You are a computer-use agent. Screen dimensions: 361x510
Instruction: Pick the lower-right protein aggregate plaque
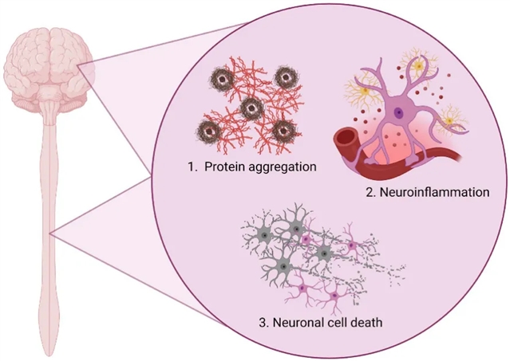click(x=282, y=131)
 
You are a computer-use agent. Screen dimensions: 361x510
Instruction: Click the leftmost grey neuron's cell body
click(x=264, y=235)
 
